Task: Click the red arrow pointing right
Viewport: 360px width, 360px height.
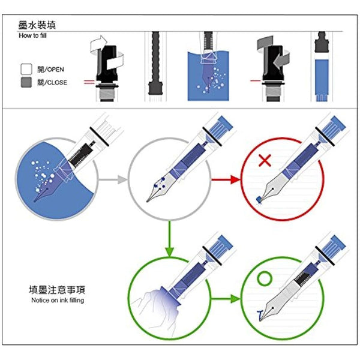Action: [x=224, y=178]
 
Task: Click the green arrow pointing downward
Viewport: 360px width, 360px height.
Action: [x=170, y=237]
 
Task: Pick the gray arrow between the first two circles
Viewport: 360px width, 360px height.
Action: [x=114, y=178]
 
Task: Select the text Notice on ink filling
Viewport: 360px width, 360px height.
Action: [x=57, y=301]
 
